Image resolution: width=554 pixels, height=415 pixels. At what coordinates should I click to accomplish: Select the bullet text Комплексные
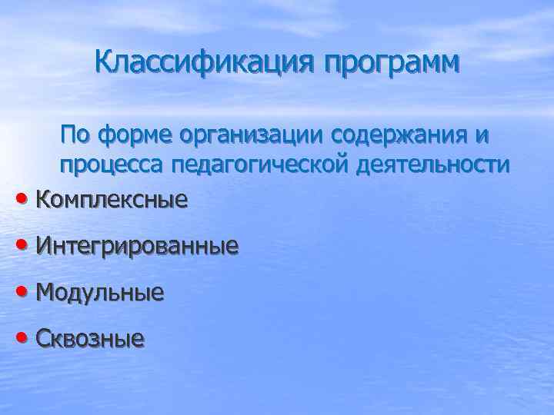point(112,200)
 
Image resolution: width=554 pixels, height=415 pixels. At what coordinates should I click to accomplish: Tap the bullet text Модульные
point(99,292)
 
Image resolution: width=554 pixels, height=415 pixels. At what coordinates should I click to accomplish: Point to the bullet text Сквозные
point(89,338)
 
